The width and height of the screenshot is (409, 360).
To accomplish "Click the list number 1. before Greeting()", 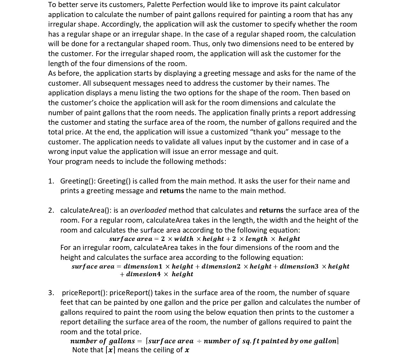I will point(51,181).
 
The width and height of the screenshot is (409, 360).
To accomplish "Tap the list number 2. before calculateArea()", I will point(51,210).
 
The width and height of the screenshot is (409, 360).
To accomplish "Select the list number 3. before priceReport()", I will point(51,293).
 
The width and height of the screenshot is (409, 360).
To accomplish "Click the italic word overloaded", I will point(148,210).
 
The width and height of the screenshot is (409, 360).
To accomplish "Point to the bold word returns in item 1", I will point(172,191).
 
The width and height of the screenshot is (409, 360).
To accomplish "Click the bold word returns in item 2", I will point(271,210).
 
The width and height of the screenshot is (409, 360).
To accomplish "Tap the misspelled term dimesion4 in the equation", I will point(143,274).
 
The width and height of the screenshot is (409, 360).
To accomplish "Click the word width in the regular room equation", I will point(183,239).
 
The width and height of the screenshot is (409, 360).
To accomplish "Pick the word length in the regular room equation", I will point(256,239).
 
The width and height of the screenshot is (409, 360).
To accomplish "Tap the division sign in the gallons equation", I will point(199,341).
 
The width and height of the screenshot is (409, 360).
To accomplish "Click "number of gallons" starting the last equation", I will point(102,341).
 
